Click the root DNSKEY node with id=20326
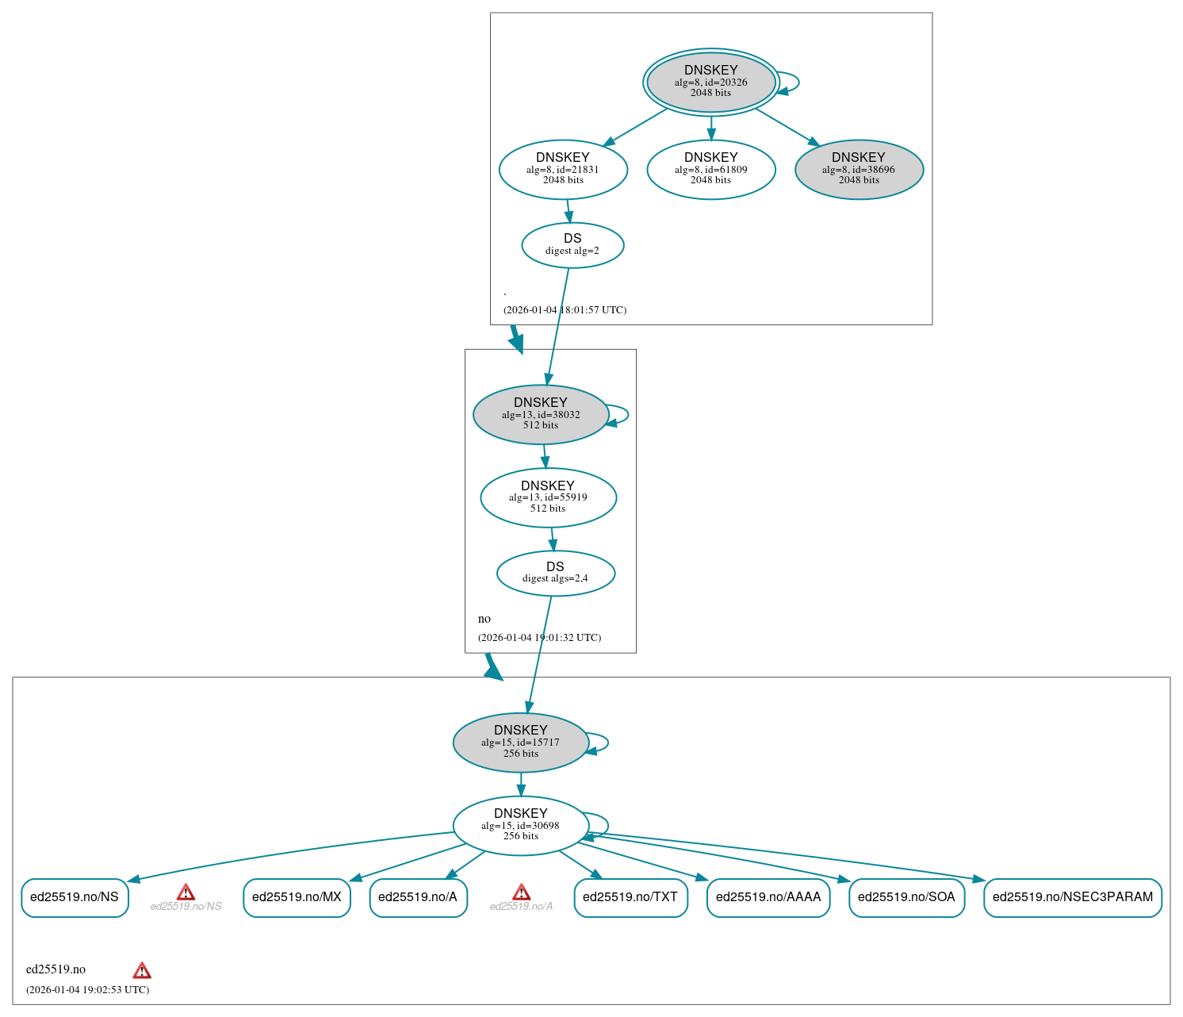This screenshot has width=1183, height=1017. pyautogui.click(x=710, y=82)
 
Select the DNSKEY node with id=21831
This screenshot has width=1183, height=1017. pyautogui.click(x=563, y=169)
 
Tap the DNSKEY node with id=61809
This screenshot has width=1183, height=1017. pyautogui.click(x=710, y=169)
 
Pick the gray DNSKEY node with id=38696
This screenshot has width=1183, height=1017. pyautogui.click(x=859, y=169)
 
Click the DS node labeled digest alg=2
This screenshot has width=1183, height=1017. pyautogui.click(x=572, y=245)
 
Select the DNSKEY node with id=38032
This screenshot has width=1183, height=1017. pyautogui.click(x=541, y=414)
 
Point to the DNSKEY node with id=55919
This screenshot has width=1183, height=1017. pyautogui.click(x=548, y=497)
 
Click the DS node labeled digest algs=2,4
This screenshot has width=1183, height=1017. pyautogui.click(x=555, y=573)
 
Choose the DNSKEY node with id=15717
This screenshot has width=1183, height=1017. pyautogui.click(x=521, y=743)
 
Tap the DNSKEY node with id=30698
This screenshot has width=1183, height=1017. pyautogui.click(x=521, y=826)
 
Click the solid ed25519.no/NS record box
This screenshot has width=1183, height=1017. pyautogui.click(x=75, y=897)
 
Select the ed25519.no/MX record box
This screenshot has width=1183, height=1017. pyautogui.click(x=297, y=897)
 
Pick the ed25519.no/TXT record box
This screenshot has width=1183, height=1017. pyautogui.click(x=630, y=897)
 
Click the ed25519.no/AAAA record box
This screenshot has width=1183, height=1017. pyautogui.click(x=768, y=897)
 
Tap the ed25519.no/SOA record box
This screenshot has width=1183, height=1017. pyautogui.click(x=906, y=897)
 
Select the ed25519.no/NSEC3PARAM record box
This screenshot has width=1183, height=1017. pyautogui.click(x=1073, y=897)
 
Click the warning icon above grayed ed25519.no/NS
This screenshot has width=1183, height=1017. pyautogui.click(x=186, y=892)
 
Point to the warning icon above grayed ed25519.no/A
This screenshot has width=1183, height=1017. pyautogui.click(x=521, y=892)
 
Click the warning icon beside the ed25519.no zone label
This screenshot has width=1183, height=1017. pyautogui.click(x=142, y=970)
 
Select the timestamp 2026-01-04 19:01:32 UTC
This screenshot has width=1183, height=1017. pyautogui.click(x=539, y=638)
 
